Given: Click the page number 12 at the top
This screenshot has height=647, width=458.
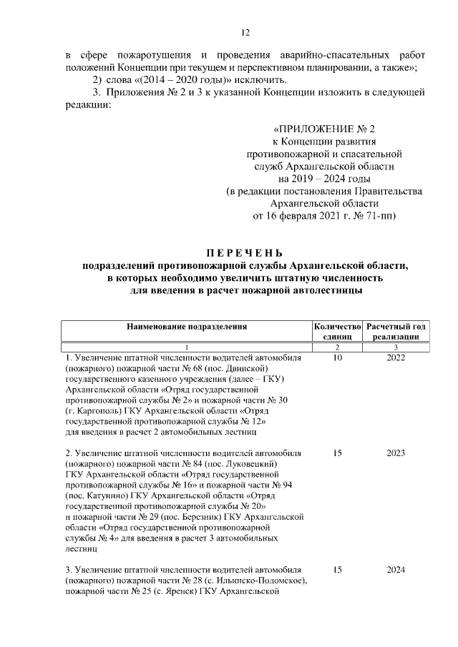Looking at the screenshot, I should tap(245, 32).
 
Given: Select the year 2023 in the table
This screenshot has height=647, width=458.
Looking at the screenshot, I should tap(395, 453).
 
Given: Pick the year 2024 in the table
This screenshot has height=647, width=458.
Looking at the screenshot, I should tap(395, 570).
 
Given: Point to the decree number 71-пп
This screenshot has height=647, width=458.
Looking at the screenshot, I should tap(380, 214).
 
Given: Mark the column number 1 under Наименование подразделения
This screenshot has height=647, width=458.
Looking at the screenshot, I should tap(186, 345).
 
